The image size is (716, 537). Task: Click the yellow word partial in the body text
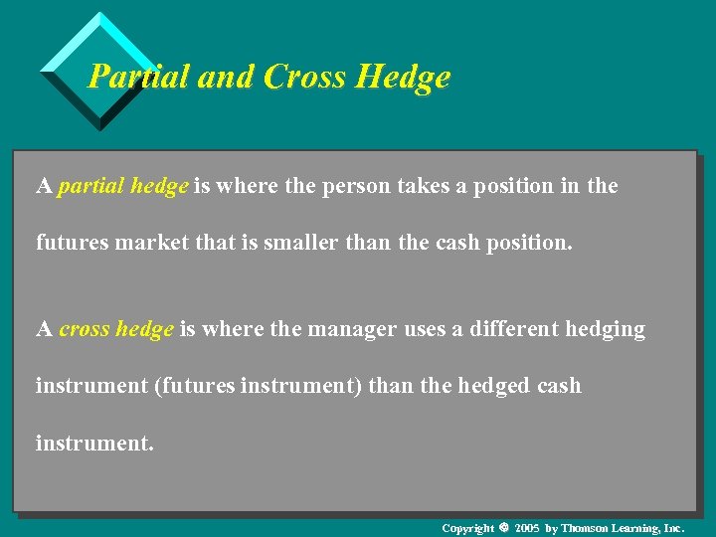click(x=91, y=186)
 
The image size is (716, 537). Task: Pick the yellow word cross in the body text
click(x=85, y=329)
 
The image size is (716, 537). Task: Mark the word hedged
click(x=492, y=386)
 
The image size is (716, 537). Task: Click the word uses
click(x=425, y=330)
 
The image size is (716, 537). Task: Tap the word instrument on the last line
click(x=93, y=444)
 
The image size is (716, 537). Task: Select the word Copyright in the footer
click(x=467, y=528)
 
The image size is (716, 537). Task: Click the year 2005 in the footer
click(x=527, y=528)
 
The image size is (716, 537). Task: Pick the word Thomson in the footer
click(x=585, y=528)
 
